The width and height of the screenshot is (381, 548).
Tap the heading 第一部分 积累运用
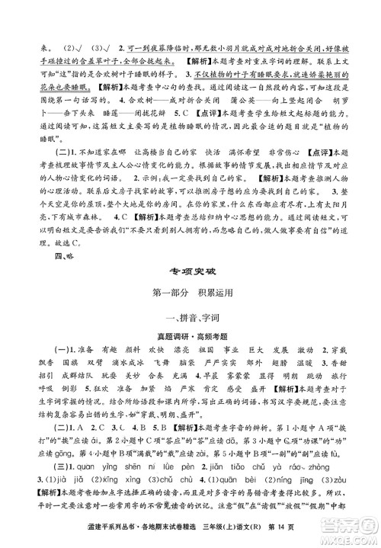190,293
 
